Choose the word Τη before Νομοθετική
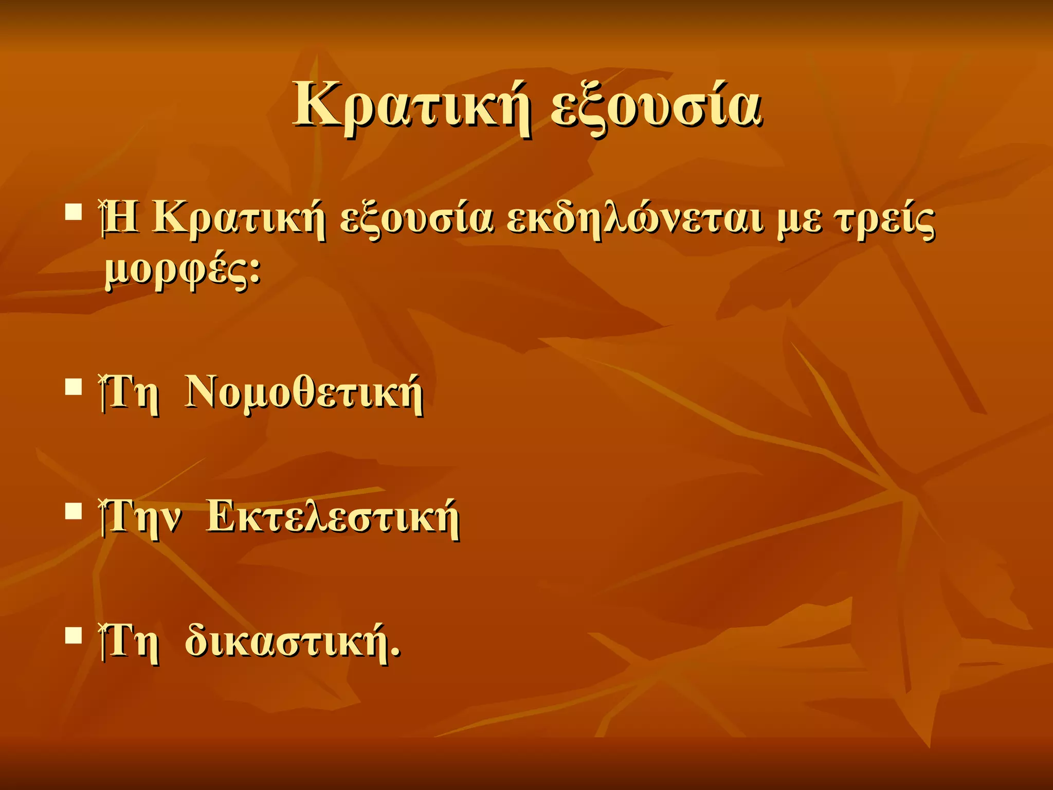coord(131,393)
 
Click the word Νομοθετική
coord(304,393)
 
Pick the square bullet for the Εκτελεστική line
coord(74,511)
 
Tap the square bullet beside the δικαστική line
coord(74,635)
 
